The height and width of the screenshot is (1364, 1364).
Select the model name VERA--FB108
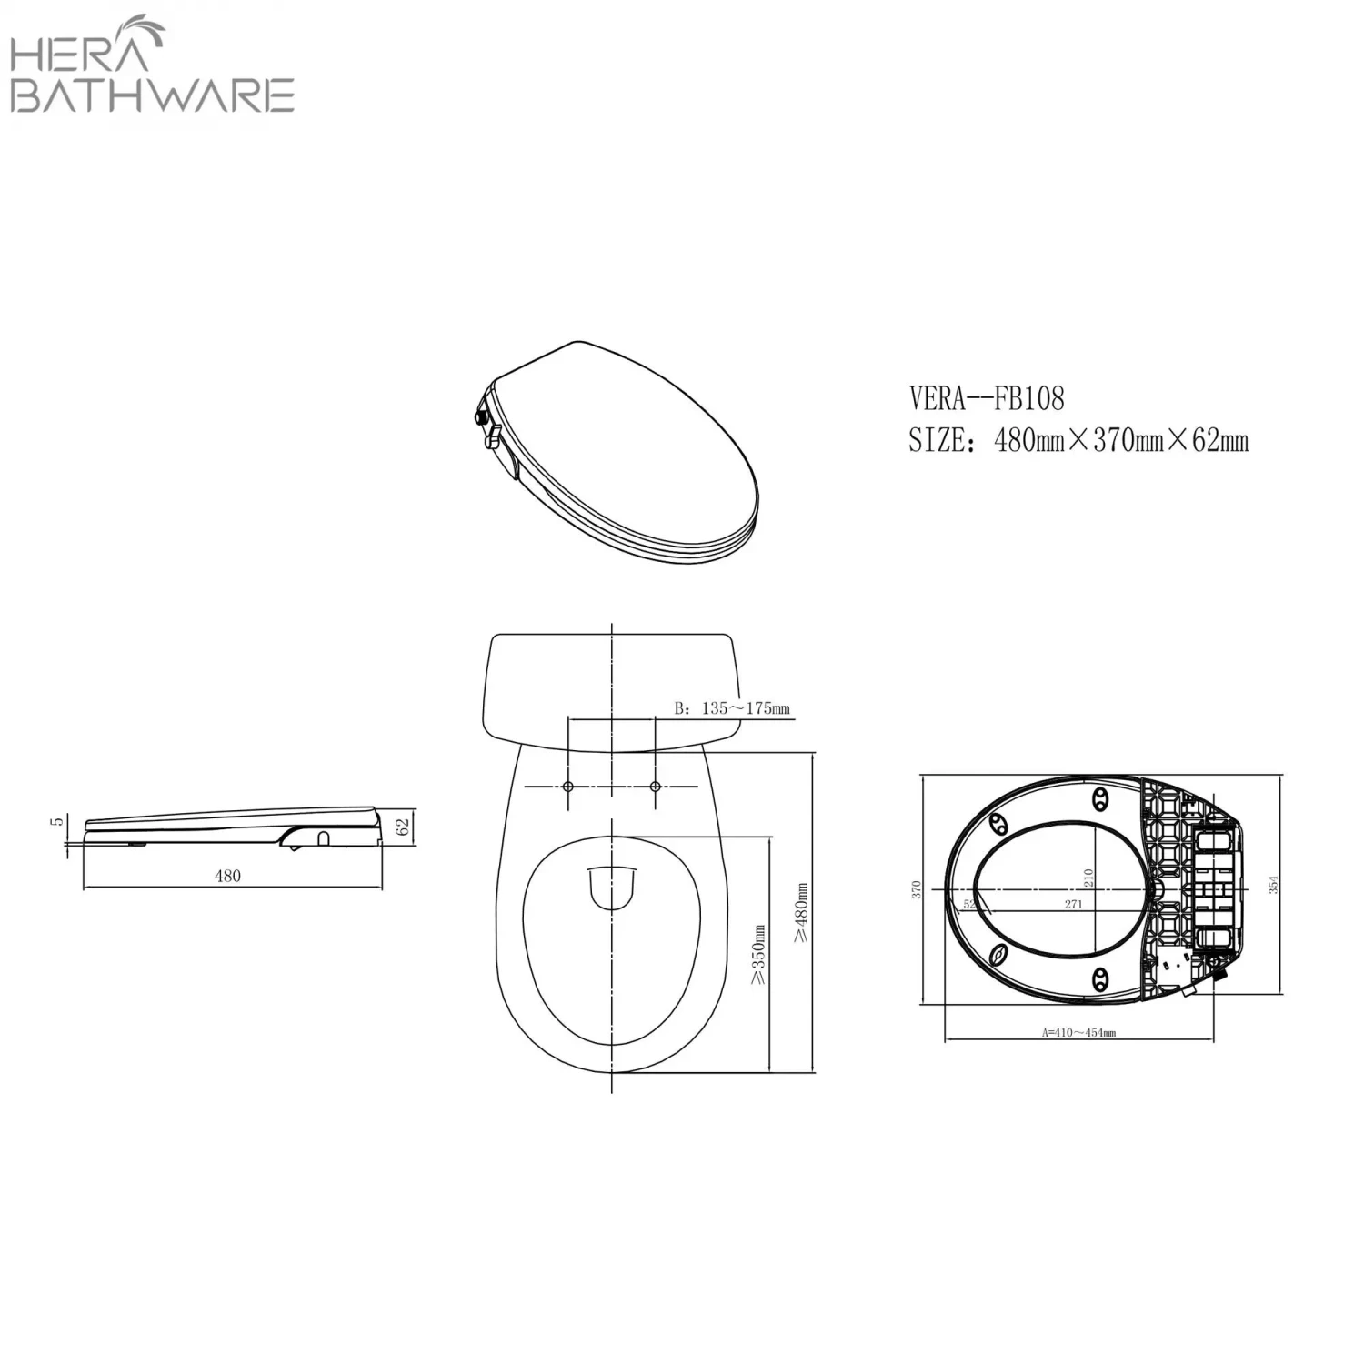987,398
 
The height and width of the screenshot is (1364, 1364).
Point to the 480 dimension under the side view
227,876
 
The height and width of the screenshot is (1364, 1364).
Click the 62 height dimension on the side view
404,827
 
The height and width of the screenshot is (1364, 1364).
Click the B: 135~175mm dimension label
732,708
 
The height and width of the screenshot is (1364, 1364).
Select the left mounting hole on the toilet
568,786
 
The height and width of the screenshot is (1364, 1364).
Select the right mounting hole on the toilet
656,786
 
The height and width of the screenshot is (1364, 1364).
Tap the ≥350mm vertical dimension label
758,954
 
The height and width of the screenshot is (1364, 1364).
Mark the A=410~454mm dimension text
1078,1033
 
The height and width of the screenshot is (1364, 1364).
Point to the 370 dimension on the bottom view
917,889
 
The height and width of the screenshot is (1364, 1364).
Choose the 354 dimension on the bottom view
1274,884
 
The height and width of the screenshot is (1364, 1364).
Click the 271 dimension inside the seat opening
1073,905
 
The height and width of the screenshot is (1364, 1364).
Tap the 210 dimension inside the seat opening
1088,878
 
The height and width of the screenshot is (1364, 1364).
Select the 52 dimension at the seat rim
968,904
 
